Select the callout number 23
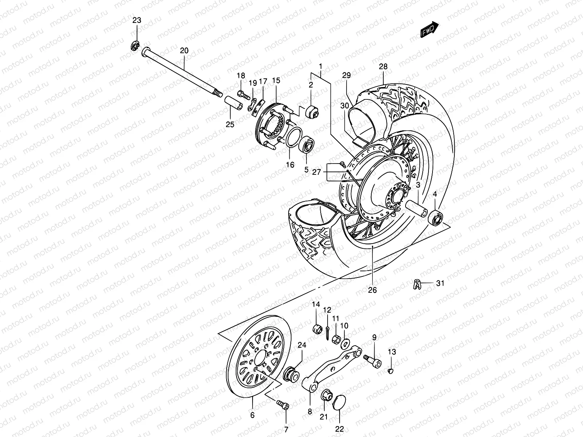point(136,21)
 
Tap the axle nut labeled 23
point(135,46)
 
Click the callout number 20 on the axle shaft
point(184,51)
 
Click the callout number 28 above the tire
point(383,67)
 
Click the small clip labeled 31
point(418,284)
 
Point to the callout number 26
point(372,290)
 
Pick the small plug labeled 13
point(391,371)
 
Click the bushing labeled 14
point(317,328)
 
